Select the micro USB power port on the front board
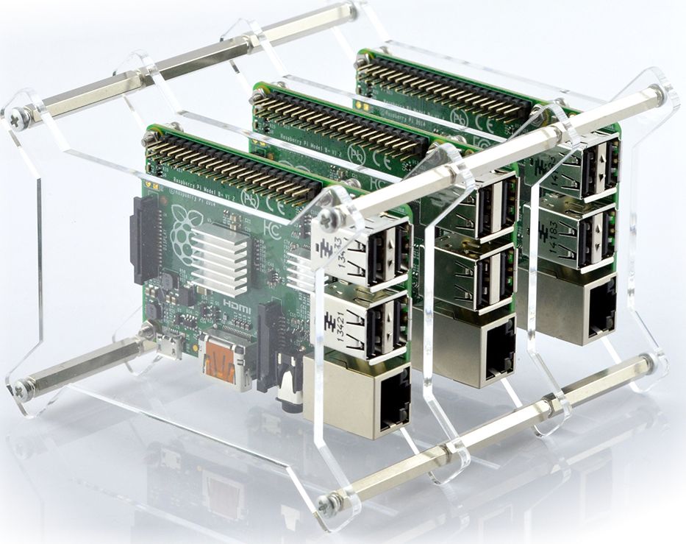click(171, 346)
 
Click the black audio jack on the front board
click(288, 385)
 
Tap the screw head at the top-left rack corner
click(15, 116)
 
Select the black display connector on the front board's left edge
click(141, 236)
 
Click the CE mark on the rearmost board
click(482, 119)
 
